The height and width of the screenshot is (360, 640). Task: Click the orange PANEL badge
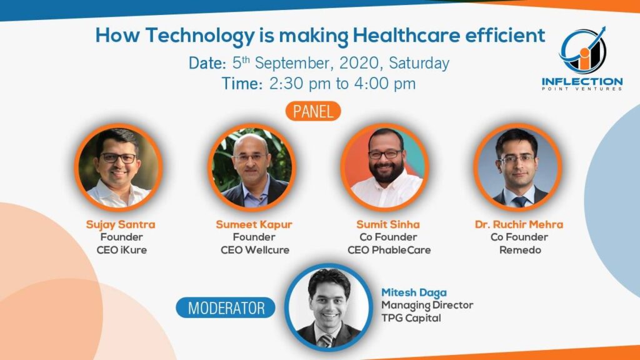tap(313, 111)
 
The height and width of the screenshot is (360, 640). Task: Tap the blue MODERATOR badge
tap(226, 307)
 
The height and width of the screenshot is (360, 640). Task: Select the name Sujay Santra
tap(121, 224)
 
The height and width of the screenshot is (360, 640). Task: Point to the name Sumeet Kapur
tap(254, 224)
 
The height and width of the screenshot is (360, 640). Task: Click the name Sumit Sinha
tap(387, 224)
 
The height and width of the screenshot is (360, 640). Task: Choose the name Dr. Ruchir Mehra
tap(519, 224)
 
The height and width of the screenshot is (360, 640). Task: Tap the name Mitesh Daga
tap(414, 292)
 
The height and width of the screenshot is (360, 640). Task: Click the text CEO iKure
tap(122, 250)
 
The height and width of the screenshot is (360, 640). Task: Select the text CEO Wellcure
tap(255, 250)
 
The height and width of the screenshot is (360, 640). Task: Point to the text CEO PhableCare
tap(389, 250)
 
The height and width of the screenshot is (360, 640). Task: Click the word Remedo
tap(520, 250)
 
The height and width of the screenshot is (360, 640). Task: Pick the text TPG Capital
tap(411, 318)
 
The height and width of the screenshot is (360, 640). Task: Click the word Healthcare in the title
tap(406, 35)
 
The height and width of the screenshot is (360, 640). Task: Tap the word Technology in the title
tap(200, 36)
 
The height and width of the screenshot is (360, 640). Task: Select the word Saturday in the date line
tap(419, 63)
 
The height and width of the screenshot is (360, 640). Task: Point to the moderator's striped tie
tap(326, 340)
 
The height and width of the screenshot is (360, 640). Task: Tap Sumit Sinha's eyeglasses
tap(385, 154)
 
